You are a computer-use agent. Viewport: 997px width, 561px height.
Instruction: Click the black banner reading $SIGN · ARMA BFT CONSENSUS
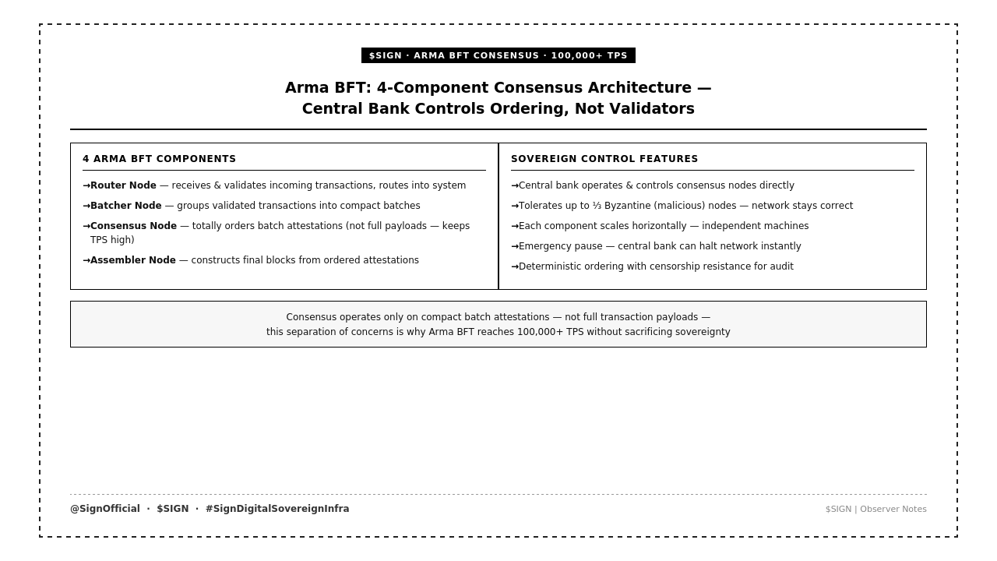pos(498,55)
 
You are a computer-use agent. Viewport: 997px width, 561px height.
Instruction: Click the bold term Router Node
pos(123,185)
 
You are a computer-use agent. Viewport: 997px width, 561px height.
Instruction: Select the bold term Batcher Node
pos(126,206)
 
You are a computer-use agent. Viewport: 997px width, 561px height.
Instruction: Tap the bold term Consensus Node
pos(133,226)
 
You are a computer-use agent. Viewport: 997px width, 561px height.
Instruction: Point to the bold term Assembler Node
pos(133,260)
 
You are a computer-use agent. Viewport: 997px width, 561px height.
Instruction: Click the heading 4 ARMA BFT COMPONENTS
pos(159,159)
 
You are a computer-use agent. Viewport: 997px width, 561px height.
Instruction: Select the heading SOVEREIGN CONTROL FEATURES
pos(604,159)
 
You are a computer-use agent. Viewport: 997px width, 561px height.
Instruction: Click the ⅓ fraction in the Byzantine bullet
pos(597,206)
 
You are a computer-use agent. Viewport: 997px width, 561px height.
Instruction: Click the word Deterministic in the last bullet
pos(555,266)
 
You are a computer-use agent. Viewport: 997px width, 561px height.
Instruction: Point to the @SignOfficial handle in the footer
pos(105,509)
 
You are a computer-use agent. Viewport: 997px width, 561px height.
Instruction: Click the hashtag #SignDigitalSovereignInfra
pos(277,509)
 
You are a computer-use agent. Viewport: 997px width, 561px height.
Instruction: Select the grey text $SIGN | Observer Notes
pos(875,510)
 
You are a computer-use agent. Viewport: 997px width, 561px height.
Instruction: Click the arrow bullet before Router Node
pos(86,185)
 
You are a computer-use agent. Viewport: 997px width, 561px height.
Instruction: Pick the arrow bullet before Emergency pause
pos(515,246)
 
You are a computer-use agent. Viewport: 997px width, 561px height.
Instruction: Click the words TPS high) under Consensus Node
pos(112,240)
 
